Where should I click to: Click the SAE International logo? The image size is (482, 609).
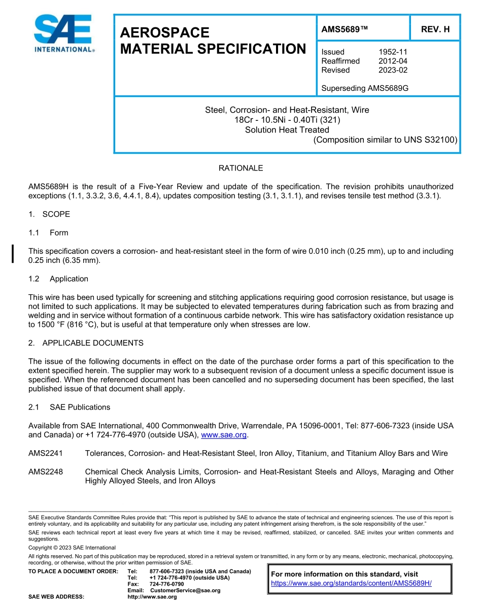pyautogui.click(x=63, y=34)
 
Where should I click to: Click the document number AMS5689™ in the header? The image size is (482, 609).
pyautogui.click(x=344, y=29)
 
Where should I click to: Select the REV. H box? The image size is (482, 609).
pyautogui.click(x=435, y=29)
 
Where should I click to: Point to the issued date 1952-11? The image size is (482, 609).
pyautogui.click(x=393, y=52)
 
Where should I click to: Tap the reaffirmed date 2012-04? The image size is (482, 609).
pyautogui.click(x=393, y=61)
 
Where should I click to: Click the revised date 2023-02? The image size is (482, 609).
pyautogui.click(x=393, y=70)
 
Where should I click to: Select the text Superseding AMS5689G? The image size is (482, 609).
pyautogui.click(x=365, y=88)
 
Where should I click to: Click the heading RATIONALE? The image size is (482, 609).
pyautogui.click(x=240, y=168)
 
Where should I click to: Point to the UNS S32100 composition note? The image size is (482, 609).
pyautogui.click(x=386, y=140)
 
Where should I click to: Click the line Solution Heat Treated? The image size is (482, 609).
pyautogui.click(x=287, y=129)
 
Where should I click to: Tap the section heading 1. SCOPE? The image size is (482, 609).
pyautogui.click(x=49, y=214)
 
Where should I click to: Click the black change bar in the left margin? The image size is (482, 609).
pyautogui.click(x=13, y=254)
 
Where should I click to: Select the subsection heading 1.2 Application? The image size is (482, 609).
pyautogui.click(x=58, y=279)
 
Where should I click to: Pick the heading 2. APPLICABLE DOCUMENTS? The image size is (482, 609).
pyautogui.click(x=86, y=343)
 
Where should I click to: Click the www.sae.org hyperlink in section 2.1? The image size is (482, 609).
pyautogui.click(x=224, y=435)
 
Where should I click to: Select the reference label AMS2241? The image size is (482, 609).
pyautogui.click(x=46, y=453)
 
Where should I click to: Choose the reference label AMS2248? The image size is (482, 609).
pyautogui.click(x=46, y=472)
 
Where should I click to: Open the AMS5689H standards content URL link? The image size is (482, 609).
pyautogui.click(x=351, y=583)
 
